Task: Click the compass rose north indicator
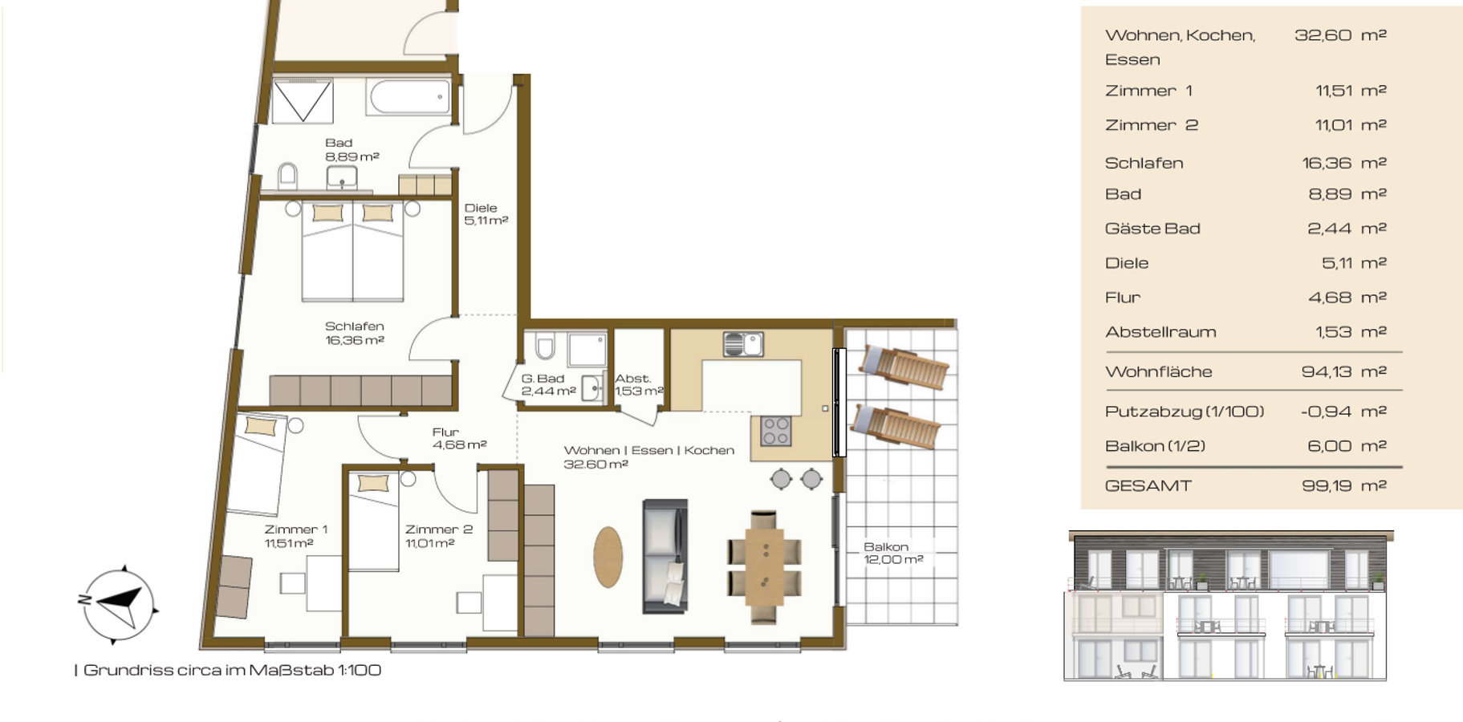tap(83, 599)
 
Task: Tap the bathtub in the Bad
tap(409, 96)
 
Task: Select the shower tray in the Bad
tap(303, 100)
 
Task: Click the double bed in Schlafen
tap(352, 250)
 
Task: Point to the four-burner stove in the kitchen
tap(776, 431)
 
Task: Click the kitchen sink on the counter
tap(743, 344)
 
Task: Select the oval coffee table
tap(608, 557)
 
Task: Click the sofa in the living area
tap(665, 556)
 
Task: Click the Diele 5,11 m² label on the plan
tap(486, 214)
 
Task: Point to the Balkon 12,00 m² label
tap(893, 553)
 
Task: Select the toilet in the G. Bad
tap(545, 346)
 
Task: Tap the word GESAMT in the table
tap(1148, 485)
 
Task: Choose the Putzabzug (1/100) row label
tap(1185, 412)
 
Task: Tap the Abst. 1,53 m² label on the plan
tap(639, 385)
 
